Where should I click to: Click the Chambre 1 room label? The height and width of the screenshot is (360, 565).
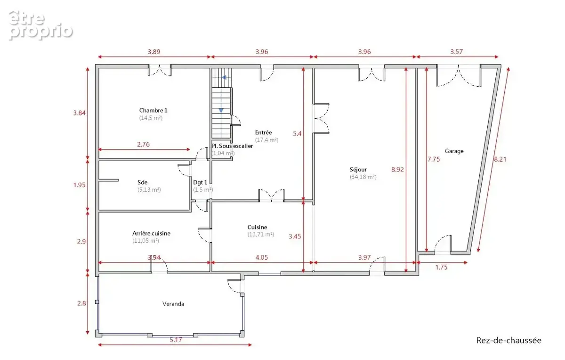point(153,110)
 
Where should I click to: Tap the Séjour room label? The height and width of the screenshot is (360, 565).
point(358,169)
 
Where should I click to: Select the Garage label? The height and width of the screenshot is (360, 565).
point(454,151)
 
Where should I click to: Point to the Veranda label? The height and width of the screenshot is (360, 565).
point(173,304)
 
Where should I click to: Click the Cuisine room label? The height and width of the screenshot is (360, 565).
point(257,227)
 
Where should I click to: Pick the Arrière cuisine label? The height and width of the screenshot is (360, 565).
point(151,233)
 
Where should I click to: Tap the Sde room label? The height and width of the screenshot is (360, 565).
point(143,182)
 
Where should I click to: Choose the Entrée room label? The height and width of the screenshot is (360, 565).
point(263,132)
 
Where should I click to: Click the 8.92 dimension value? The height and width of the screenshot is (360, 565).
point(397,169)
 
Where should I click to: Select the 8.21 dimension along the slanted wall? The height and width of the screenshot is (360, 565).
point(500,159)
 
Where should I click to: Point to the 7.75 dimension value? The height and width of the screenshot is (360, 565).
point(434,159)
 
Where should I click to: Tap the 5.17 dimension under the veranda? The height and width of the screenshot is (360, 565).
point(176,340)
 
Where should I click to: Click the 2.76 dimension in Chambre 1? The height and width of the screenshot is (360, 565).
point(143,144)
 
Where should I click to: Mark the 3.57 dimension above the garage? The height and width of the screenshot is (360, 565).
point(457,52)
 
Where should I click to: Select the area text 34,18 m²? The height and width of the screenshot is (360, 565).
point(363,177)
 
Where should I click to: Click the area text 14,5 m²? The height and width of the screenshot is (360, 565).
point(151,118)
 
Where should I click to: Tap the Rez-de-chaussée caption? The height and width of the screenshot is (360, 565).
point(509,341)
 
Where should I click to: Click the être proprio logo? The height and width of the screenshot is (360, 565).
point(40,25)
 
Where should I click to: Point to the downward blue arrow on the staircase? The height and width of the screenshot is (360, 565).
point(221,111)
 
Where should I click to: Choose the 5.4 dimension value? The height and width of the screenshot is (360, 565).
point(297,133)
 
